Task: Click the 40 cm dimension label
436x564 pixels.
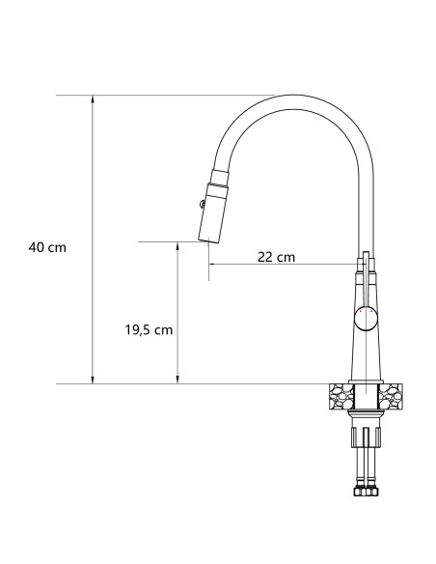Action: click(x=47, y=247)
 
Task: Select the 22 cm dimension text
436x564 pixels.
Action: click(x=276, y=257)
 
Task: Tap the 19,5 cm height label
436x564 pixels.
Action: click(x=149, y=329)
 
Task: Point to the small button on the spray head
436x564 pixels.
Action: click(x=200, y=203)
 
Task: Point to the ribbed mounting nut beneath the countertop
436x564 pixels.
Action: click(x=367, y=414)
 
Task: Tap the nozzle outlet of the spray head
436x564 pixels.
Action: click(x=208, y=241)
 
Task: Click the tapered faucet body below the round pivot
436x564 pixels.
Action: click(x=367, y=355)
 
